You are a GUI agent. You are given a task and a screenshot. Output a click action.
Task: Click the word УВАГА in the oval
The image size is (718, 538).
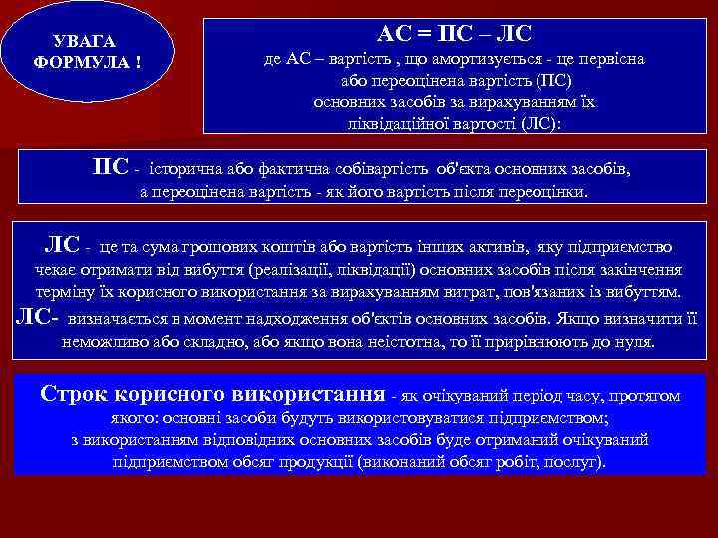click(x=82, y=41)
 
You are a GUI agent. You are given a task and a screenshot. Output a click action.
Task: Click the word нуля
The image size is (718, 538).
click(x=634, y=342)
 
